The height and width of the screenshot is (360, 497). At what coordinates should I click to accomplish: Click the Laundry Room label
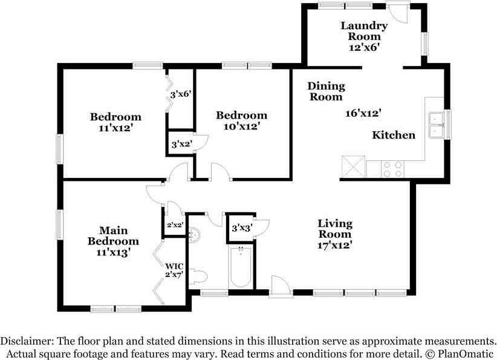coord(364,31)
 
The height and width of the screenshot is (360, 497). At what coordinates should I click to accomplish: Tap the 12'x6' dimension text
coord(364,47)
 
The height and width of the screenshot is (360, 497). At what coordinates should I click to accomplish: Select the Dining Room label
coord(326,91)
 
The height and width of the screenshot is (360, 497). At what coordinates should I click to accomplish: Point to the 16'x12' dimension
coord(363,113)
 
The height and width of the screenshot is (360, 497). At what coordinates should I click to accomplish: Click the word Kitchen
coord(394,135)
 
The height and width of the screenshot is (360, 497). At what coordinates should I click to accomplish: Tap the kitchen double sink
coord(437,125)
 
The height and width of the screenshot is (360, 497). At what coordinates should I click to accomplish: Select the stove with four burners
coord(393,169)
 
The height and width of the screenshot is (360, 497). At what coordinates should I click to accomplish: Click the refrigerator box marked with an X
coord(354,166)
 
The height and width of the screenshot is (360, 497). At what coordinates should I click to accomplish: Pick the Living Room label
coord(335,229)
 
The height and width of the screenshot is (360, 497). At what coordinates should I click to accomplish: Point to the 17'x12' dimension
coord(335,245)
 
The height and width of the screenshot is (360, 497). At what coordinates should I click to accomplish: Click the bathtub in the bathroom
coord(241,267)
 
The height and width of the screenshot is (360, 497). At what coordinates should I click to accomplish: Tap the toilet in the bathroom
coord(198,277)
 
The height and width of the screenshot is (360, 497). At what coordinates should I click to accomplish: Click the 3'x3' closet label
coord(242,228)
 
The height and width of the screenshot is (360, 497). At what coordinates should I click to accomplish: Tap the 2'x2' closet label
coord(175,225)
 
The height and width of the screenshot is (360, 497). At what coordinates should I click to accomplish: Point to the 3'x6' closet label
coord(180,94)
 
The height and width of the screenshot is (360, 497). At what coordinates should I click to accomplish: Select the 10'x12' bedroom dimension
coord(242,126)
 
